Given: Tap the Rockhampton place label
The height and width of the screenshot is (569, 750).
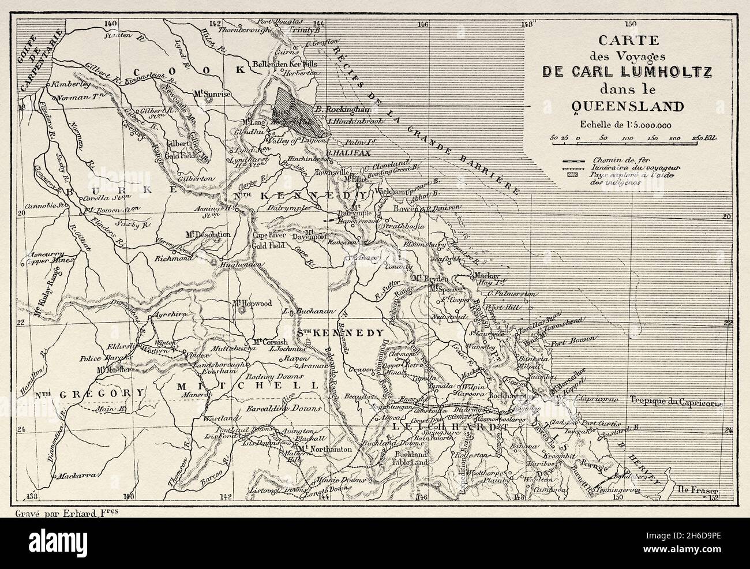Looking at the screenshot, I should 522,398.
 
